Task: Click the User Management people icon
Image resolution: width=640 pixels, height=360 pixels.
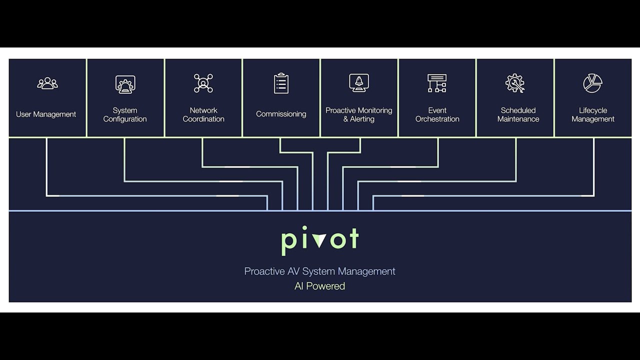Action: (47, 83)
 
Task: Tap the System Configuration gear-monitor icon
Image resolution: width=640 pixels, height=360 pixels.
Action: (125, 84)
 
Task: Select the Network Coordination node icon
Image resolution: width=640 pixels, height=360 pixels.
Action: (203, 83)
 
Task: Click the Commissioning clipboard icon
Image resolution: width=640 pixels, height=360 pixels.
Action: (281, 83)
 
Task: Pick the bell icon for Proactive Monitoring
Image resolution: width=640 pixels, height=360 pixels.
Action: (359, 82)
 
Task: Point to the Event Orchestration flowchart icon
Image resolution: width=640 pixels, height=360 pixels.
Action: (437, 83)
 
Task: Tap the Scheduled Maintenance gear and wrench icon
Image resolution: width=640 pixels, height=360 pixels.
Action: (515, 83)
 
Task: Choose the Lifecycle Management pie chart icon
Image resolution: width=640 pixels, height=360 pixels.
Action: (592, 83)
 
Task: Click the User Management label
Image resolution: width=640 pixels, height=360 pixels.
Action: (46, 114)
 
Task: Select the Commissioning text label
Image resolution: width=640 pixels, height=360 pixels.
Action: (281, 114)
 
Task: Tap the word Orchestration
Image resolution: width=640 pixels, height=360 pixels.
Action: (437, 119)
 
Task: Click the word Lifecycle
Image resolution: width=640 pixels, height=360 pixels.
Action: (593, 110)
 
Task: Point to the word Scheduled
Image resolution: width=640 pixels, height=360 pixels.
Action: (518, 110)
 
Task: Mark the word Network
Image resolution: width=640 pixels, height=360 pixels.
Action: (203, 110)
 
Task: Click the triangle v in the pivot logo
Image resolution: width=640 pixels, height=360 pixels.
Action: (319, 240)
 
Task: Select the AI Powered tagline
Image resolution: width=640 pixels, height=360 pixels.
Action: (320, 286)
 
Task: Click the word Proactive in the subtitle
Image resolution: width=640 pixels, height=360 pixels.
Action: (264, 271)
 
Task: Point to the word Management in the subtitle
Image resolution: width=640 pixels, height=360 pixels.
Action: (366, 271)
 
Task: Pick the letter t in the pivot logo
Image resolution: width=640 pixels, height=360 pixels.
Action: (353, 238)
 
